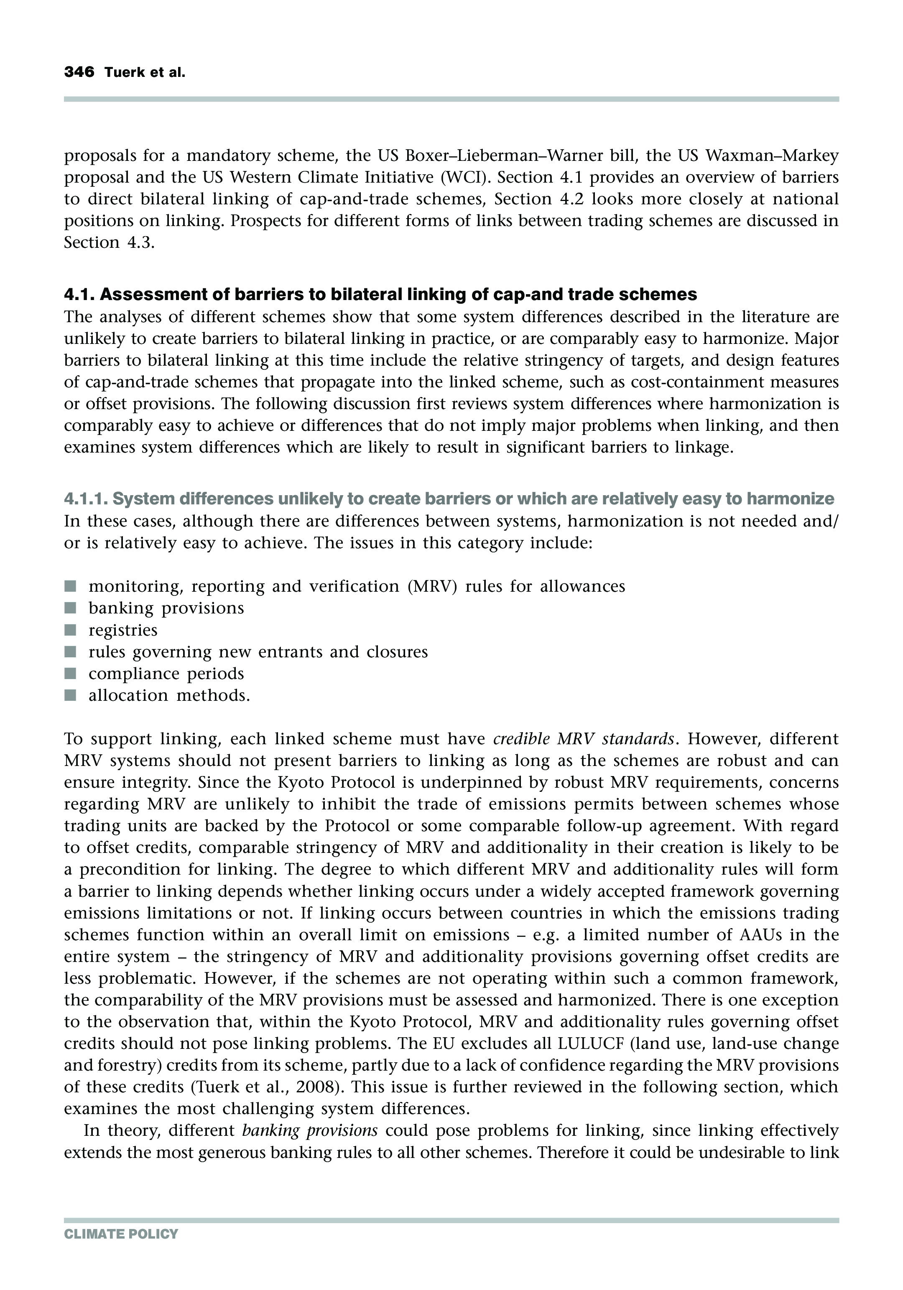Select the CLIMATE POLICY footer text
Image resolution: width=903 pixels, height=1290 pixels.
click(121, 1234)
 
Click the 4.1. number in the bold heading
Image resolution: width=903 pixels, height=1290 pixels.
click(79, 295)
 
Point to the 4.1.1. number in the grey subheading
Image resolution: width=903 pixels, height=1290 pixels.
click(86, 499)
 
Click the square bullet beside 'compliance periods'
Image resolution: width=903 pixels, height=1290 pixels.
click(70, 674)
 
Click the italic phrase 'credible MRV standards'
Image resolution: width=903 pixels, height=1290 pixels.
click(583, 738)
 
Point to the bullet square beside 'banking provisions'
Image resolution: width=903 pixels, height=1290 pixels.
click(70, 608)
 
